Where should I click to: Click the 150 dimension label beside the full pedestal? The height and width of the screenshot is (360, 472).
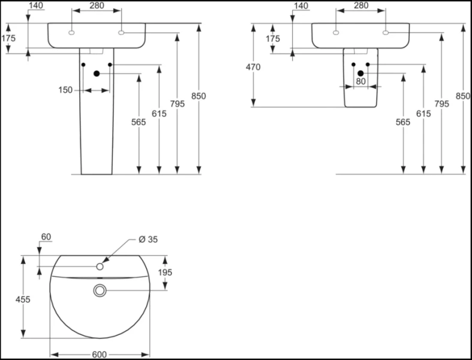65,90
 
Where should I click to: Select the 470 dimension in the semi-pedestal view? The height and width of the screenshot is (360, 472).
253,67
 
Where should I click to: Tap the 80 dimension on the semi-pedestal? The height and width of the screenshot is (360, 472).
360,80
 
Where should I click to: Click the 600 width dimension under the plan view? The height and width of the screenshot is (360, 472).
100,355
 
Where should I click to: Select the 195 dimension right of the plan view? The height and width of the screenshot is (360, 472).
165,272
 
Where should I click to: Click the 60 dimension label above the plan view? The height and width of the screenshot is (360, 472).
46,237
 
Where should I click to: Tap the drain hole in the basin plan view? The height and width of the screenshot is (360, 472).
100,291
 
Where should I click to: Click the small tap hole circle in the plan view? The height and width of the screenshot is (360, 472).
100,266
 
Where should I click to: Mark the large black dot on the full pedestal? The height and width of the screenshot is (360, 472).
96,74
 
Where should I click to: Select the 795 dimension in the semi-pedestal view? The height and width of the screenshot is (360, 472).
441,103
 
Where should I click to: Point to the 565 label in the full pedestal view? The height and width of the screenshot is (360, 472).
139,121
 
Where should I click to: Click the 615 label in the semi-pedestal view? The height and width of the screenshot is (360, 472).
423,113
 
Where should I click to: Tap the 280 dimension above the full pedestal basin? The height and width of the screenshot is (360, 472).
96,6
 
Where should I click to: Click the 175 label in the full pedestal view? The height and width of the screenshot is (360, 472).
8,38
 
